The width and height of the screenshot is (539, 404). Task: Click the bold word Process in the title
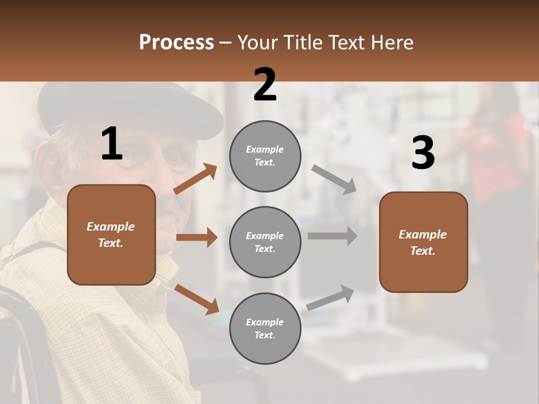[x=176, y=42]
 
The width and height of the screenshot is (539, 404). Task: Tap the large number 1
[x=112, y=144]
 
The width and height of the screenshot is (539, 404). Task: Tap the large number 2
[x=265, y=85]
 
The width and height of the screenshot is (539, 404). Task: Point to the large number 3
[x=423, y=153]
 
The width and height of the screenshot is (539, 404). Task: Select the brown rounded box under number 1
[x=111, y=235]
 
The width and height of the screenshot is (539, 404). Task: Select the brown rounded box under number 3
[x=423, y=242]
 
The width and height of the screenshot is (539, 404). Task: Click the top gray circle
[x=265, y=156]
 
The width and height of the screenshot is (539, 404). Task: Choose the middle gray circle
[x=265, y=242]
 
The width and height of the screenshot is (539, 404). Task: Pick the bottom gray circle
[x=265, y=328]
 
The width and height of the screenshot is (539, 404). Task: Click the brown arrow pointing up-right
[x=195, y=179]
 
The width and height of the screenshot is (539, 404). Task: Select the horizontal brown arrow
[x=197, y=237]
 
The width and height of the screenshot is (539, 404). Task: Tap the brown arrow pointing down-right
[x=197, y=299]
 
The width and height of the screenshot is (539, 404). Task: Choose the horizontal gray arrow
[x=332, y=236]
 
